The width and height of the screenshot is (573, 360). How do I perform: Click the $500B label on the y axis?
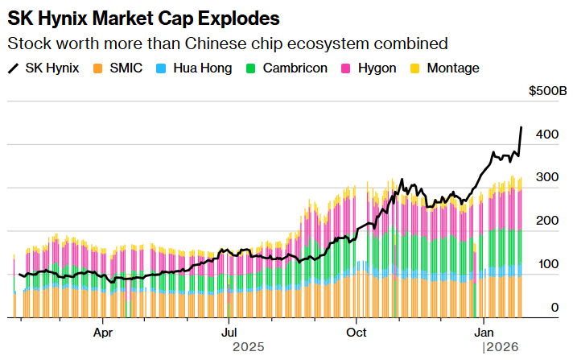tap(547, 91)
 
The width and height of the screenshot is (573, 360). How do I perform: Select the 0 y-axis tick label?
tap(554, 308)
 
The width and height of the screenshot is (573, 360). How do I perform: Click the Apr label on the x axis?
tap(102, 331)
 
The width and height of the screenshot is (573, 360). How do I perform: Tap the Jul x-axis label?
tap(229, 331)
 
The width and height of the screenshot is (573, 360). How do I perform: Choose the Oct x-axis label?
tap(356, 331)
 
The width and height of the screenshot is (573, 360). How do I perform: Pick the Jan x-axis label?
tap(484, 331)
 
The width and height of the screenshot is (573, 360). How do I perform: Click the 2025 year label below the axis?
tap(249, 347)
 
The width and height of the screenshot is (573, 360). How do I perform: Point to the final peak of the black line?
tap(521, 127)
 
